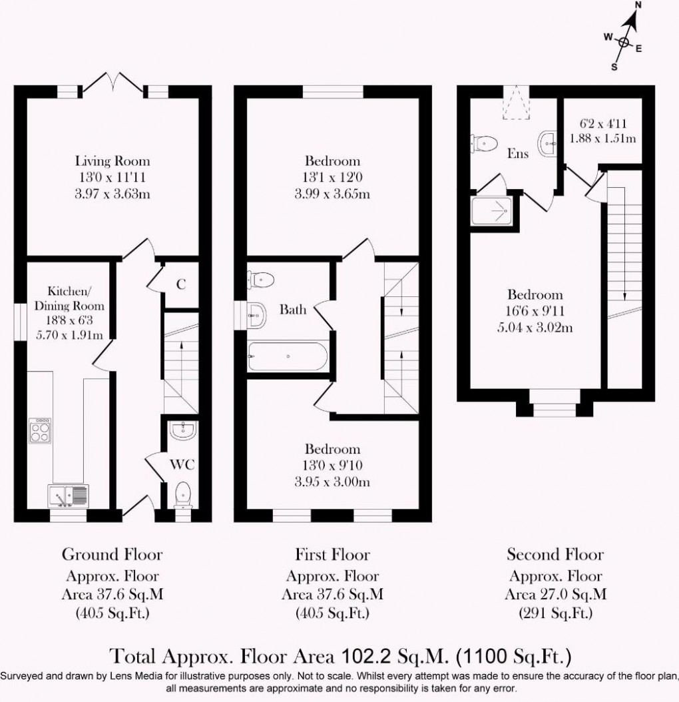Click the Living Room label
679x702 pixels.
pos(112,161)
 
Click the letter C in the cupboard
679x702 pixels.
pos(180,284)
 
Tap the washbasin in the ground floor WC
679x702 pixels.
pos(182,432)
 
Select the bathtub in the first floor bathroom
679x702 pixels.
pos(287,357)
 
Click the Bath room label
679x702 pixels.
pos(293,310)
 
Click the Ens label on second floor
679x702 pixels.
pos(518,154)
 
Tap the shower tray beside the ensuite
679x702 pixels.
pos(493,210)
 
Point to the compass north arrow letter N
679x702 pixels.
pos(638,5)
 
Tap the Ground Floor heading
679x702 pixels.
pos(112,554)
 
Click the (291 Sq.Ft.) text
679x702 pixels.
pos(555,612)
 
